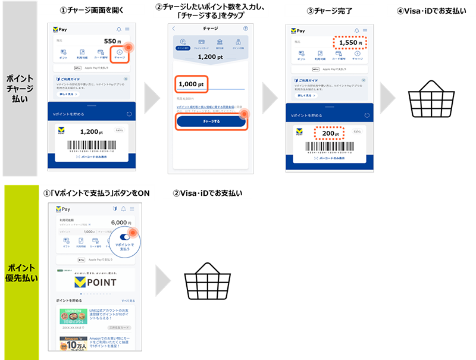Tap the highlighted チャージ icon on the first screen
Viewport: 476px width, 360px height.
tap(121, 54)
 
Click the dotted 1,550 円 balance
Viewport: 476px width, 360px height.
tap(350, 43)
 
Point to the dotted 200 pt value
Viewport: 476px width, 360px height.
tap(330, 134)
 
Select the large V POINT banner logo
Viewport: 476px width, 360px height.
tap(95, 281)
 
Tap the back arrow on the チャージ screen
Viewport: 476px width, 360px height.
tap(174, 28)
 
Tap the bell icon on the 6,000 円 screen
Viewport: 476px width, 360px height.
tap(123, 209)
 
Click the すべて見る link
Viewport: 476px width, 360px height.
tap(128, 300)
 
